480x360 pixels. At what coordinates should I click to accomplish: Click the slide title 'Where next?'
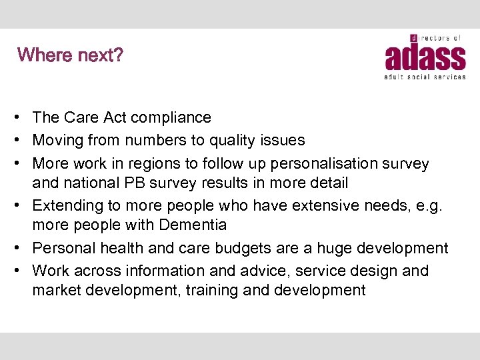point(71,55)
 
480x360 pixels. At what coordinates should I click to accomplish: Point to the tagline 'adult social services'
point(425,77)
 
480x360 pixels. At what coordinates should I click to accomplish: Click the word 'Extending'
point(65,205)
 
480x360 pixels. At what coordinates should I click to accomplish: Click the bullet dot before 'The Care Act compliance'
point(23,118)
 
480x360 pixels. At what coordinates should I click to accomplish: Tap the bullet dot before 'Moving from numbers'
point(23,141)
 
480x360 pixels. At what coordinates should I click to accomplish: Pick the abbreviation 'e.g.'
point(432,205)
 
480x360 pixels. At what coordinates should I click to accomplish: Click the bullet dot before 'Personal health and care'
point(23,249)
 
